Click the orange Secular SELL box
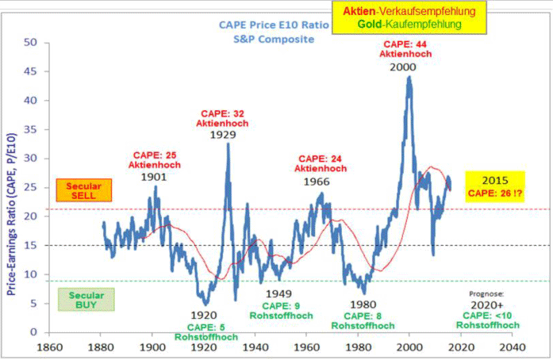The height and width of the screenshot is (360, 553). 85,190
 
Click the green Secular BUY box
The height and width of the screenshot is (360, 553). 86,299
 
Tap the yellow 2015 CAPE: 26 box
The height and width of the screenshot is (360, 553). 495,185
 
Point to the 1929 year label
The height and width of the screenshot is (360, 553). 223,135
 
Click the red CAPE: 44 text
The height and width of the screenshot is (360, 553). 405,44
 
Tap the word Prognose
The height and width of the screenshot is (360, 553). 486,293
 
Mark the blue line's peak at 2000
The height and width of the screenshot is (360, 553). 409,78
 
